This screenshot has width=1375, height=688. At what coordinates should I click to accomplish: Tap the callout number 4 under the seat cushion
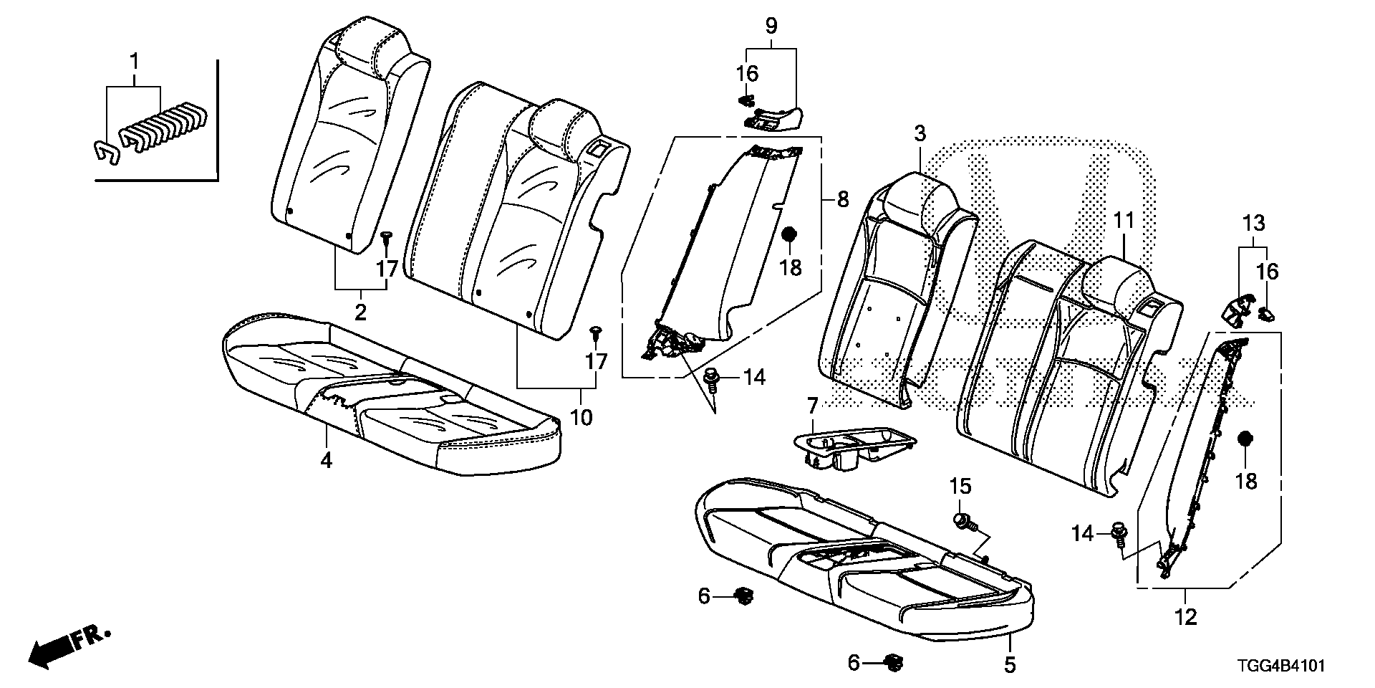click(326, 460)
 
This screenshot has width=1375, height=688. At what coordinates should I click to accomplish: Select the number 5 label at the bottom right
click(1009, 665)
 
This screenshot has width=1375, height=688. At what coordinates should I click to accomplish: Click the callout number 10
click(581, 416)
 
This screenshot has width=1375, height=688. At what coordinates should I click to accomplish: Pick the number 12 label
click(1186, 616)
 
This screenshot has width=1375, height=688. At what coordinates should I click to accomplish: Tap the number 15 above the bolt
click(960, 487)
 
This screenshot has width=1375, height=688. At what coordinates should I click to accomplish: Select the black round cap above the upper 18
click(789, 235)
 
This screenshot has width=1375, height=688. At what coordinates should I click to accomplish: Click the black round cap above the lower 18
click(1245, 438)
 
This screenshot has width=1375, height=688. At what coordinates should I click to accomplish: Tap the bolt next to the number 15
click(964, 520)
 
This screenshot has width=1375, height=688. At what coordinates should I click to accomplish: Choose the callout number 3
click(920, 133)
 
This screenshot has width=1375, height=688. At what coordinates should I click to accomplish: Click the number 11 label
click(1122, 221)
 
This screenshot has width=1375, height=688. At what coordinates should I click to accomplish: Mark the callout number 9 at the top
click(771, 27)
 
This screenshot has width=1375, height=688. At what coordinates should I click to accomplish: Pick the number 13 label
click(1253, 223)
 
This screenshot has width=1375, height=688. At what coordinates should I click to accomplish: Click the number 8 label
click(842, 199)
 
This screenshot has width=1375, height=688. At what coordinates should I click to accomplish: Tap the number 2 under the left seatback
click(360, 311)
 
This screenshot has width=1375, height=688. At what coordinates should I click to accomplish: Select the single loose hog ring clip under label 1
click(107, 150)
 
